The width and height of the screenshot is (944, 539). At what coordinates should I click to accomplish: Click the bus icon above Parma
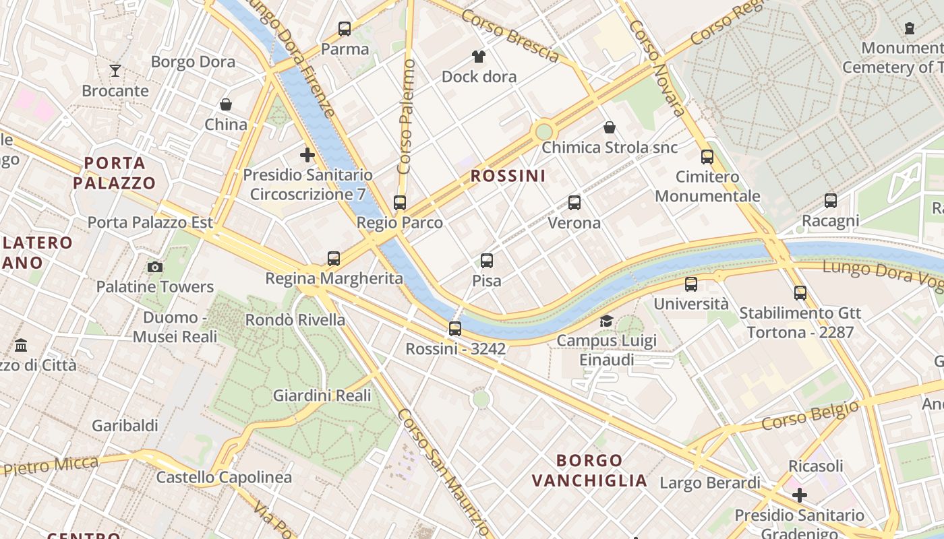tap(345, 29)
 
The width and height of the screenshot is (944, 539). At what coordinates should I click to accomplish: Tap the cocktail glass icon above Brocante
tap(115, 71)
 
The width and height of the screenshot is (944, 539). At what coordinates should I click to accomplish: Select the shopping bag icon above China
tap(226, 104)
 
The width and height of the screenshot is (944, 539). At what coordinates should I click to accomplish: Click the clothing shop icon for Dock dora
tap(479, 56)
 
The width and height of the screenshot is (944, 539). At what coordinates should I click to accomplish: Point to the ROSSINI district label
tap(508, 176)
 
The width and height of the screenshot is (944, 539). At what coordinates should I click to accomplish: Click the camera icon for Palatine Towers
tap(155, 267)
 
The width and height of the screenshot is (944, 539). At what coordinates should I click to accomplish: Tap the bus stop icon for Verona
tap(574, 202)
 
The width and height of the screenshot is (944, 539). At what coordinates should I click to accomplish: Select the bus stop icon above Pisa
tap(487, 260)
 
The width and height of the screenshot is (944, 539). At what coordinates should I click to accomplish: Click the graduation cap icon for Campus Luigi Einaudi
tap(606, 321)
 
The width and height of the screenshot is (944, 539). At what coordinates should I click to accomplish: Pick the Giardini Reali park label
tap(322, 395)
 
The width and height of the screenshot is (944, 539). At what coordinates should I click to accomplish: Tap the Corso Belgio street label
tap(810, 415)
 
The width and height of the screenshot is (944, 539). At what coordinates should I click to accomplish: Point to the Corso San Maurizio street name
tap(442, 472)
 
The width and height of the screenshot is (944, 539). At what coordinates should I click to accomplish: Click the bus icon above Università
tap(691, 284)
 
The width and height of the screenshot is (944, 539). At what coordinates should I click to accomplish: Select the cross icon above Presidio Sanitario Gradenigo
tap(800, 495)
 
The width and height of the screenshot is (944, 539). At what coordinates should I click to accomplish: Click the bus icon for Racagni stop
tap(831, 200)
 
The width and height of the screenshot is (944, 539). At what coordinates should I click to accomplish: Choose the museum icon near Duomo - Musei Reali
tap(21, 345)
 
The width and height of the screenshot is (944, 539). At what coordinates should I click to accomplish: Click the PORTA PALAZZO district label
tap(115, 172)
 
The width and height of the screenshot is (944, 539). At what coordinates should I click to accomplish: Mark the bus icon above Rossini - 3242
tap(455, 329)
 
